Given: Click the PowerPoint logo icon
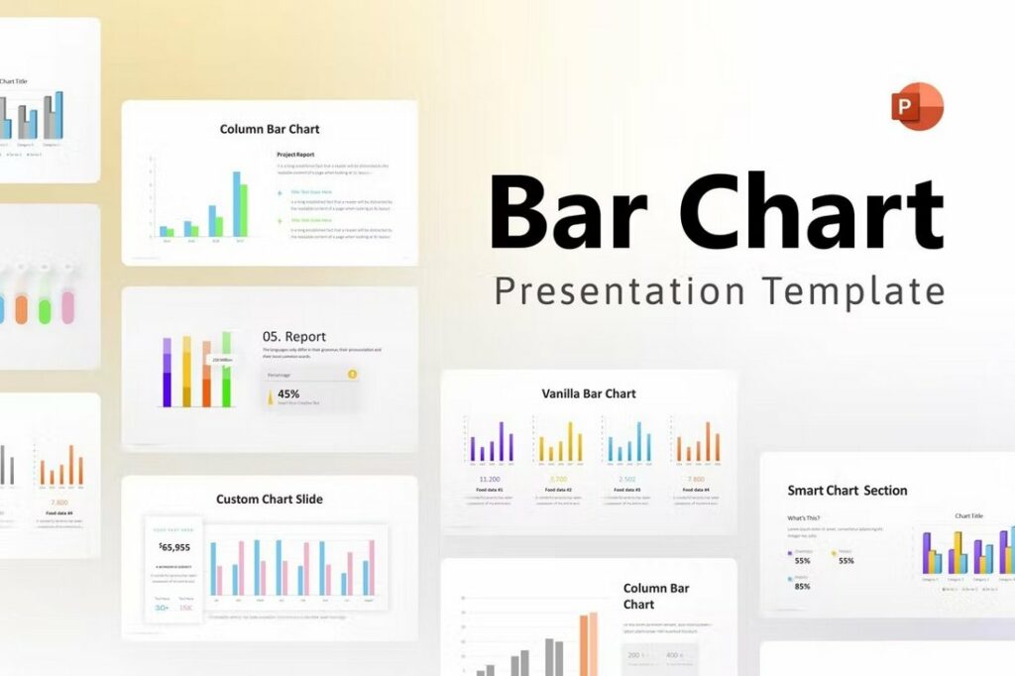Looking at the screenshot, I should [x=917, y=107].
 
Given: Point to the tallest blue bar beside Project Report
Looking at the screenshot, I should [x=236, y=204].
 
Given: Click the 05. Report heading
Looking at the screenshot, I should [x=294, y=336].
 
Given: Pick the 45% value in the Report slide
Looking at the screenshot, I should [x=288, y=394].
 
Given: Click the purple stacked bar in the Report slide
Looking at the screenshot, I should [x=167, y=371].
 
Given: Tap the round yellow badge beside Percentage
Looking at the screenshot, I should [x=352, y=375].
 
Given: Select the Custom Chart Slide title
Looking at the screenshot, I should [x=270, y=499].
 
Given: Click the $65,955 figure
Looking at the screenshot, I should [x=173, y=546].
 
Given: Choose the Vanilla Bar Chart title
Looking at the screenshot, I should [x=589, y=394].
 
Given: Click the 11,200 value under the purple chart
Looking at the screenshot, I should [x=490, y=479].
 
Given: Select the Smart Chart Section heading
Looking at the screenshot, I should [x=846, y=490].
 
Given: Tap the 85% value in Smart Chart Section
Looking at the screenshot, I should [x=802, y=586].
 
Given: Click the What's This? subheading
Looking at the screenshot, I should [x=804, y=518].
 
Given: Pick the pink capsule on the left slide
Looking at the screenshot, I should [x=68, y=305].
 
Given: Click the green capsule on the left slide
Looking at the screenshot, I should [x=45, y=306].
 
